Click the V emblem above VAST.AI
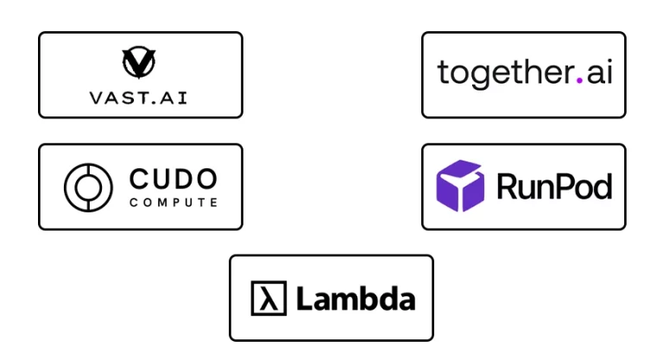(x=140, y=61)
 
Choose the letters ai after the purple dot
(x=598, y=73)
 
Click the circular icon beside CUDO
(x=88, y=186)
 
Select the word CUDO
(x=173, y=180)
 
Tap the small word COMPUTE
(x=173, y=204)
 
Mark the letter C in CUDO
(x=139, y=180)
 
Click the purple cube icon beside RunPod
(x=462, y=186)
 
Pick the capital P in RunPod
(x=566, y=186)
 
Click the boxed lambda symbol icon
(x=268, y=299)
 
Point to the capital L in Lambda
(x=303, y=299)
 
